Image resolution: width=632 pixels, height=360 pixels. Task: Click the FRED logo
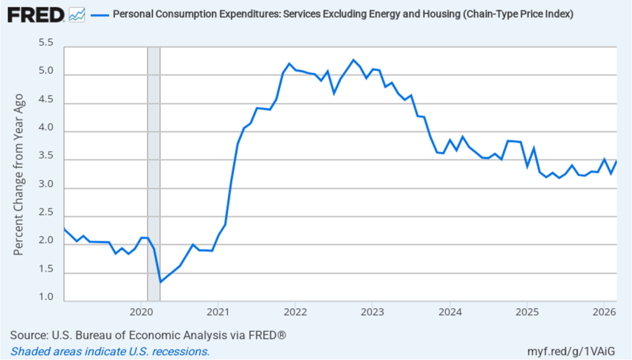[x=36, y=14]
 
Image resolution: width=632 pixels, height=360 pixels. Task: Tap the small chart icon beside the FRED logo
[x=77, y=14]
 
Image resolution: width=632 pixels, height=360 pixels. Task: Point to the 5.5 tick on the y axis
[x=46, y=43]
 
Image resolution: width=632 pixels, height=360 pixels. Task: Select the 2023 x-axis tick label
[x=372, y=311]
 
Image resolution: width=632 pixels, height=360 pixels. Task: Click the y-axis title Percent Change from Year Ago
[x=19, y=174]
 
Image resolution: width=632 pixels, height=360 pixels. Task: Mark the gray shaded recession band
[x=154, y=173]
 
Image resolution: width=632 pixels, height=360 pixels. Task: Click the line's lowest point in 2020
[x=160, y=282]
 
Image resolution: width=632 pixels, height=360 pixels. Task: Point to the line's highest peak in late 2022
[x=353, y=60]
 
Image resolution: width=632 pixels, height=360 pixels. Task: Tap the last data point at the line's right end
[x=617, y=161]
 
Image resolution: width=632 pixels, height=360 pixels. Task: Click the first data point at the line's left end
[x=64, y=229]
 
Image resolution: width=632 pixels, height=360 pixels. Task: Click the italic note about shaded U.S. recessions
[x=110, y=351]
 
